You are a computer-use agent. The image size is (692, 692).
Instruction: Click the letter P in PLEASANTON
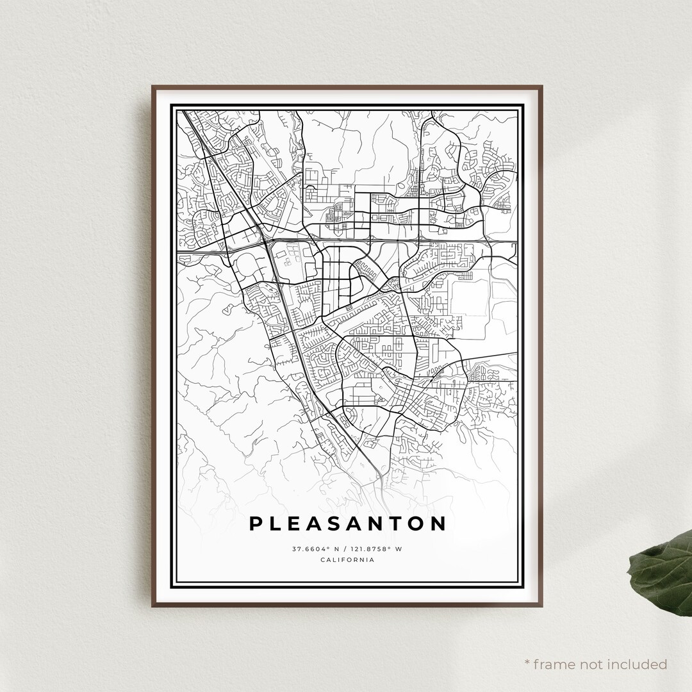255,523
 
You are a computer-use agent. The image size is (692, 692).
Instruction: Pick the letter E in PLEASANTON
293,523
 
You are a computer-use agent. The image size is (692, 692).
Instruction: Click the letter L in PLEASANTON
275,523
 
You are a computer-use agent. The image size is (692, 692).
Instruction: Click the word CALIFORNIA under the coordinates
347,560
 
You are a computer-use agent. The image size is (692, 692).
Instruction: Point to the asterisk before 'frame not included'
528,663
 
